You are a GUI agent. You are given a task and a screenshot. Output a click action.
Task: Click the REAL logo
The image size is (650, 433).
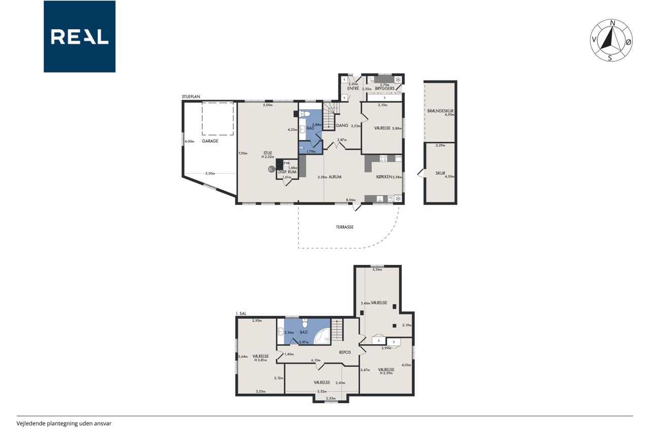[x=80, y=37]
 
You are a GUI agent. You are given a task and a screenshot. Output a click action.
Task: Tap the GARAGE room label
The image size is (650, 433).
[x=210, y=141]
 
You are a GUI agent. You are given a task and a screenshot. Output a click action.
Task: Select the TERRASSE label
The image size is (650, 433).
[x=345, y=227]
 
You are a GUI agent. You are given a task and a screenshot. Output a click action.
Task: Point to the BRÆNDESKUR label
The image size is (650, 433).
[x=440, y=111]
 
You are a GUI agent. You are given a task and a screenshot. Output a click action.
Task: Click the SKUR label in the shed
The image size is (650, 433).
[x=440, y=173]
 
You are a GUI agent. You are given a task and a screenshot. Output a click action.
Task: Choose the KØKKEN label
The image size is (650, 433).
[x=384, y=177]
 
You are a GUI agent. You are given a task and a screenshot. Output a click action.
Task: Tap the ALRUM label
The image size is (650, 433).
[x=335, y=177]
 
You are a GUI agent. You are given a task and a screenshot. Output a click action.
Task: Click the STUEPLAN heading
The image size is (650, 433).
[x=191, y=96]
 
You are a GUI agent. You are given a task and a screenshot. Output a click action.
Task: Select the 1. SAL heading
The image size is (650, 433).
[x=241, y=314]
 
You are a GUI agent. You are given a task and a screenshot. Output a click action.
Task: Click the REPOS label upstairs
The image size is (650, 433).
[x=345, y=352]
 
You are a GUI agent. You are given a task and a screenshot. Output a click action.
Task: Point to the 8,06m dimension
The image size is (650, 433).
[x=351, y=200]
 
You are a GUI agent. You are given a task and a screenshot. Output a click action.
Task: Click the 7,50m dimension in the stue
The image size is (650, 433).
[x=243, y=153]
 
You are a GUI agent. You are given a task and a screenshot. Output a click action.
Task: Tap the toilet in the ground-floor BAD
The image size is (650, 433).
[x=304, y=114]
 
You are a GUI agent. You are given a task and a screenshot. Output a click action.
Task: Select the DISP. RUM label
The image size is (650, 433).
[x=287, y=172]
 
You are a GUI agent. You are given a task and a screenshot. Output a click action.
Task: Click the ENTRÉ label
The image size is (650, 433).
[x=353, y=88]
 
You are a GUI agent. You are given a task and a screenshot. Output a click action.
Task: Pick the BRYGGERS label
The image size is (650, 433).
[x=384, y=88]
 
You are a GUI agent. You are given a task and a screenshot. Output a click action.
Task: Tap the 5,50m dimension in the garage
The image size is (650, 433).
[x=210, y=174]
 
